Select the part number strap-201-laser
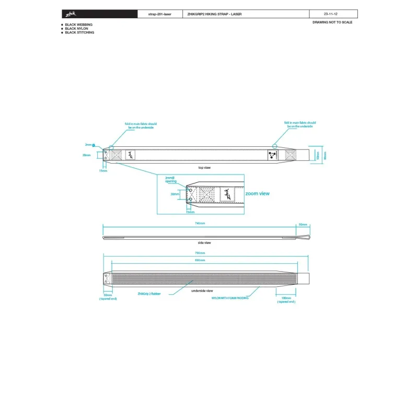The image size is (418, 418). [160, 14]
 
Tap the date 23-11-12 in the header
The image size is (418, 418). [331, 14]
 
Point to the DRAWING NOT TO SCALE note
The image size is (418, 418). [332, 22]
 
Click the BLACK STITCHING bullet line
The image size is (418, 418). [79, 32]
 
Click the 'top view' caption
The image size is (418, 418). [204, 168]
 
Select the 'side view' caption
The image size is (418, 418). [204, 243]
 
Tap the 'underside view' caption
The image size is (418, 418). [202, 290]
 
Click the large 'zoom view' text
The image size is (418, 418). [257, 193]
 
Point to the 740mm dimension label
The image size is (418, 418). [199, 223]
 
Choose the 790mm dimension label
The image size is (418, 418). [200, 253]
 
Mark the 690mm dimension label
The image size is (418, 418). [200, 260]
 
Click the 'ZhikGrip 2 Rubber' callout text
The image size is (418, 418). [150, 294]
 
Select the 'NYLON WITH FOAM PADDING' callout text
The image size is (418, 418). [230, 297]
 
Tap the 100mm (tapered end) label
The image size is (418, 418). [286, 300]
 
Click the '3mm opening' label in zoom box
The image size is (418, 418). [171, 180]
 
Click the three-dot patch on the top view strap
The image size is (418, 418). [272, 155]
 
